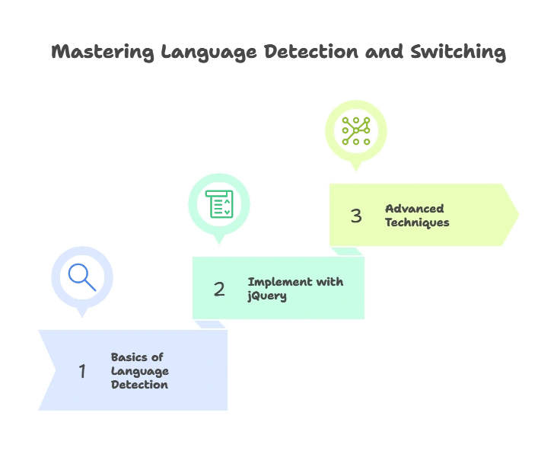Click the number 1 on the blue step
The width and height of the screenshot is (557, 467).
point(82,371)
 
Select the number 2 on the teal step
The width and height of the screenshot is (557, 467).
point(219,289)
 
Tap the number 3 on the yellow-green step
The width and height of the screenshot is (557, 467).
point(356,216)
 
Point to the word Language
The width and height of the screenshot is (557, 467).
point(140,371)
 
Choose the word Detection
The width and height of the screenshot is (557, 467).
point(139,385)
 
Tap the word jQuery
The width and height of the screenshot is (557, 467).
point(267,296)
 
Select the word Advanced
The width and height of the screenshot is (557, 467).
point(414,209)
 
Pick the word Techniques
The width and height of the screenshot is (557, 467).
point(417,222)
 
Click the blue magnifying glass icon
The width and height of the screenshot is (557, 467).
point(81,277)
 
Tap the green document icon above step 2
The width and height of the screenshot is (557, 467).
point(219,204)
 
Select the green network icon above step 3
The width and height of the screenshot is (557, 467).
point(355,131)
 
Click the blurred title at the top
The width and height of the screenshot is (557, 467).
point(278,53)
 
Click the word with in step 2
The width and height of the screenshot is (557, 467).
point(330,282)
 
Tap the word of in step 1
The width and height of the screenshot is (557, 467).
point(157,357)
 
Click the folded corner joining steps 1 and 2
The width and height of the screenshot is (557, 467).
point(210,325)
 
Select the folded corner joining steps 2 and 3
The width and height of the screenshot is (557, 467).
point(347,251)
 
